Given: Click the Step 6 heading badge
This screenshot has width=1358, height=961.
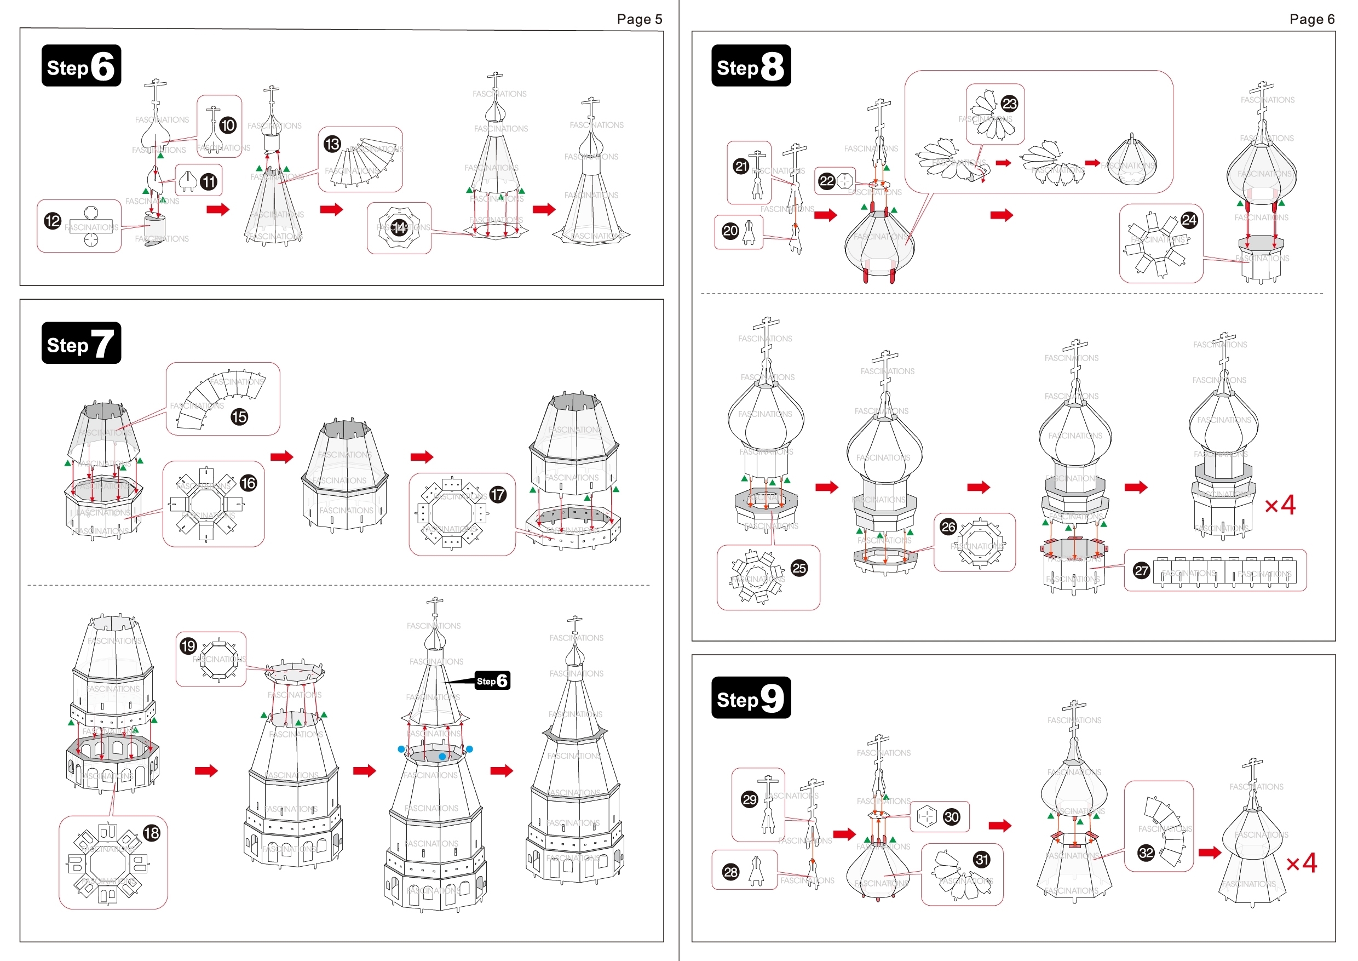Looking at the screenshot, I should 81,66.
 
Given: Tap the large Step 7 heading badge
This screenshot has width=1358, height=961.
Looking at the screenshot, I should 81,343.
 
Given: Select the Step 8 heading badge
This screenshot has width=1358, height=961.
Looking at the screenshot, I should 751,66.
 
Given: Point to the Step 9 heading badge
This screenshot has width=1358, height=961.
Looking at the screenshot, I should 751,697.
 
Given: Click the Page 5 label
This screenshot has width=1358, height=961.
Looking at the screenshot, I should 639,20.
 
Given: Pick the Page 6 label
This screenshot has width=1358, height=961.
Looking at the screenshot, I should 1311,20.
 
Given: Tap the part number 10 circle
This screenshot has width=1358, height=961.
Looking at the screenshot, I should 228,125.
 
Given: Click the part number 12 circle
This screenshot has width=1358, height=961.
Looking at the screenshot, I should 53,221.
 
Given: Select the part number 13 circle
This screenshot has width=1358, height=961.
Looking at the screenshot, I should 332,144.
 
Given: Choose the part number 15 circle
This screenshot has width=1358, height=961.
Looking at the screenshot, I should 239,417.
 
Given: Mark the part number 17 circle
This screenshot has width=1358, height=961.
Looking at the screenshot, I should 498,495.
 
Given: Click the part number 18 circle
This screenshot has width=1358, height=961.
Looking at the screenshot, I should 152,833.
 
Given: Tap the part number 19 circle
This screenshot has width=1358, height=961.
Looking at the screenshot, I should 188,645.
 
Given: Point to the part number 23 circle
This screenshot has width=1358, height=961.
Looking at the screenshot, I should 1010,104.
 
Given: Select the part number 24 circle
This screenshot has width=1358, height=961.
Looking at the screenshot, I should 1189,221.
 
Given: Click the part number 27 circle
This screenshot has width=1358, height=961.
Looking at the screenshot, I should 1142,570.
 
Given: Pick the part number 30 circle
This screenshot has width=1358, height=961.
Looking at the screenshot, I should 952,817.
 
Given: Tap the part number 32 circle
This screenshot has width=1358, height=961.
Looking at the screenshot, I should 1146,853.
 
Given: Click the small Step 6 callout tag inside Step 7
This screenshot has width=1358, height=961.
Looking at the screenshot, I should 492,681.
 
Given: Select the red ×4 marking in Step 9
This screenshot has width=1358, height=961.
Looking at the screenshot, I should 1302,863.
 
